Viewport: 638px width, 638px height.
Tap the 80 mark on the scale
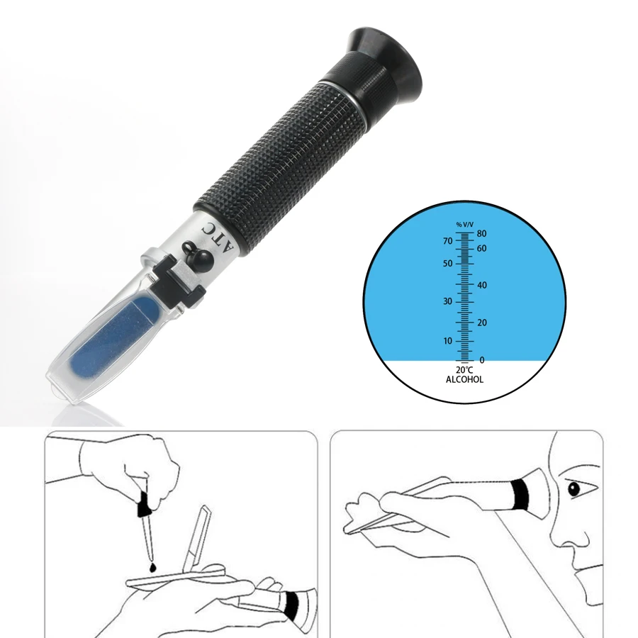(x=481, y=233)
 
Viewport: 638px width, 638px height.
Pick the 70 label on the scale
(x=447, y=241)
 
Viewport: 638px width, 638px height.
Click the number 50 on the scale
(x=447, y=264)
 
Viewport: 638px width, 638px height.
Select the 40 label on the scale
(x=482, y=285)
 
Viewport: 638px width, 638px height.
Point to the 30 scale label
(x=447, y=301)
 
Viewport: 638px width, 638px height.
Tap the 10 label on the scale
(x=447, y=341)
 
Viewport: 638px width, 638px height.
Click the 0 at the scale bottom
(x=482, y=360)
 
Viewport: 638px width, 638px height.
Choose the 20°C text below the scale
(x=464, y=370)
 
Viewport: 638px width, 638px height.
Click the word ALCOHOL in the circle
(x=464, y=380)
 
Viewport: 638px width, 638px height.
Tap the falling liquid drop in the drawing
(x=155, y=566)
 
